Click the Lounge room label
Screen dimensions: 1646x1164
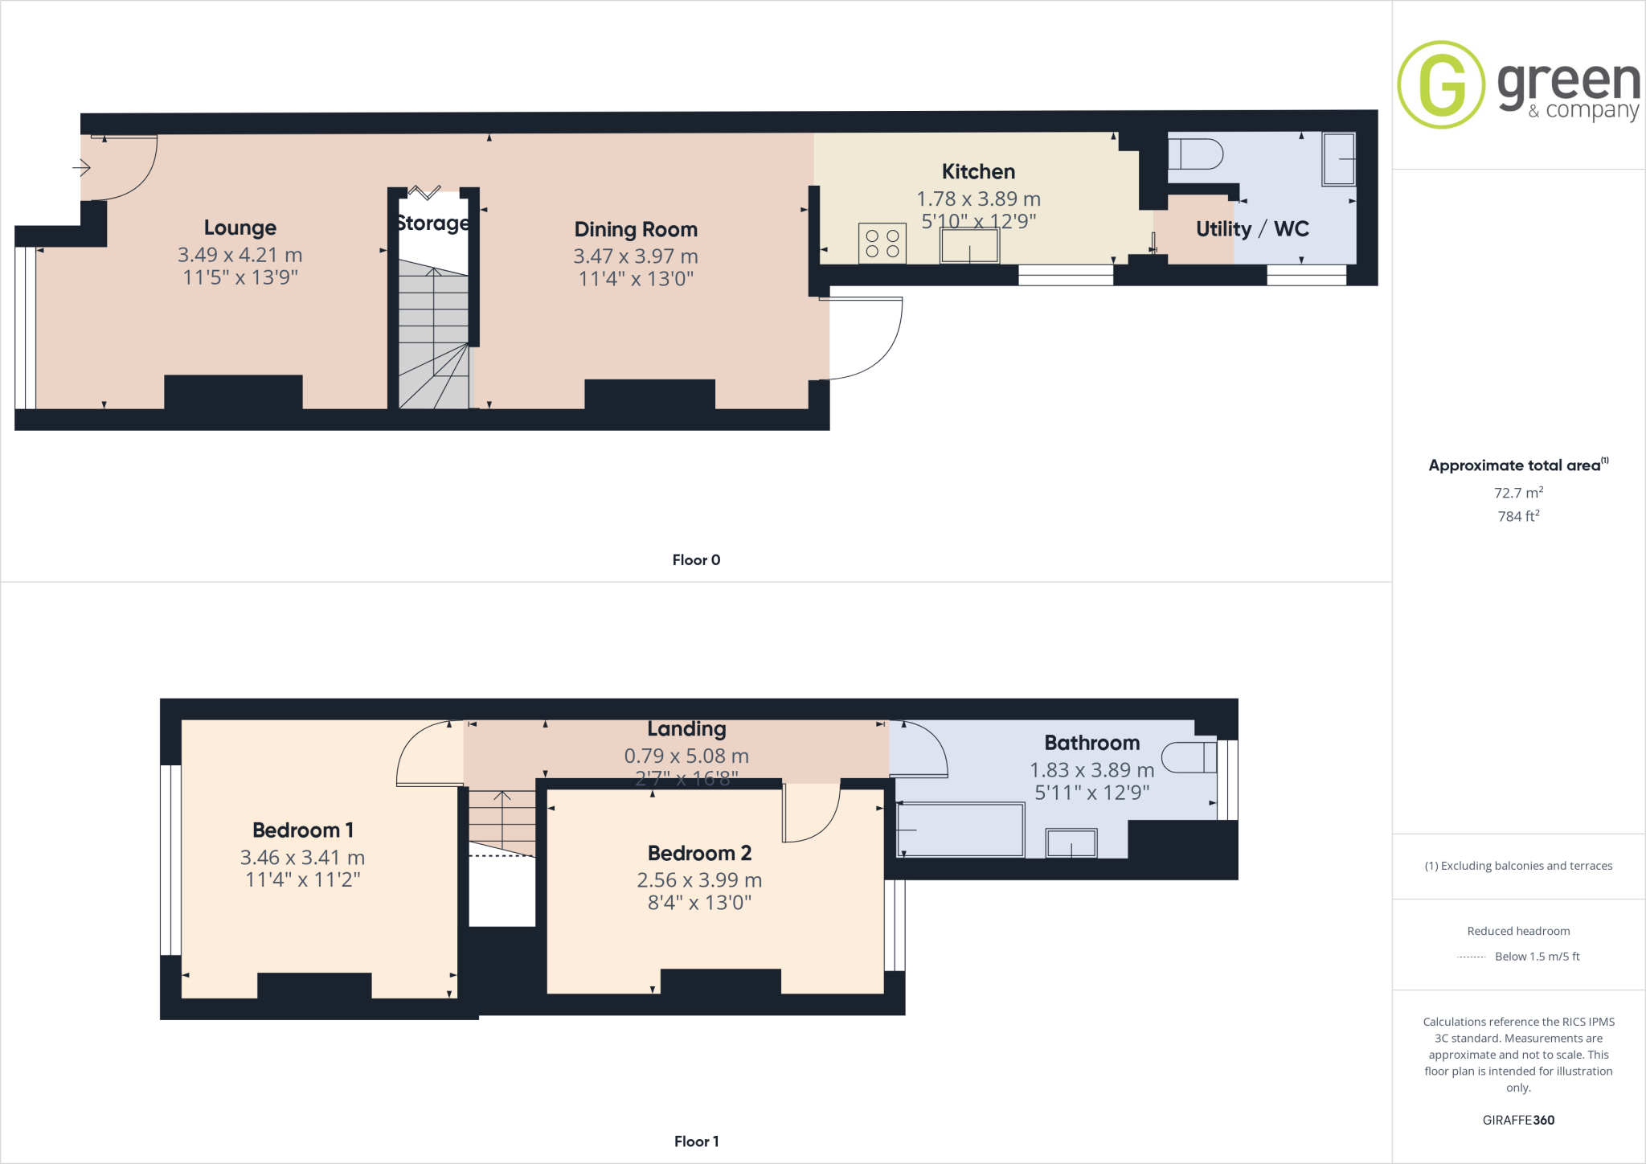pos(240,227)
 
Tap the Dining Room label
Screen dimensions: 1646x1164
pos(636,229)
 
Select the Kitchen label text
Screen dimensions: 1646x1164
pos(978,171)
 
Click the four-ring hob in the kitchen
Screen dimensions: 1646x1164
pos(882,244)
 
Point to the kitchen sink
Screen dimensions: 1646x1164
pos(970,245)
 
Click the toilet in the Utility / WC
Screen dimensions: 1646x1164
pos(1195,154)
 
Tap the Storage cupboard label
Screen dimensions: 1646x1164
pos(433,223)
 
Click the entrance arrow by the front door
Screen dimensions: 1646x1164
pos(81,167)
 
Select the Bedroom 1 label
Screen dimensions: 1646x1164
pos(303,830)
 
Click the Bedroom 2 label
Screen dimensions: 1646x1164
pos(699,853)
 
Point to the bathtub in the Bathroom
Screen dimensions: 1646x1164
pos(960,830)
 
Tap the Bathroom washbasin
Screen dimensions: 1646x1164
pos(1071,843)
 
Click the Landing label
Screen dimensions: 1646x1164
pos(686,729)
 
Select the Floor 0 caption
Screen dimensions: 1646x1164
pos(696,559)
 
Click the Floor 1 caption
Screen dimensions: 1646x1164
pos(696,1141)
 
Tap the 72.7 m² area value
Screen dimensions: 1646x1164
pos(1518,492)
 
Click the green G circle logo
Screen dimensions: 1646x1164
pos(1441,84)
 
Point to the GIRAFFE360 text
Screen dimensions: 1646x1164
pos(1518,1120)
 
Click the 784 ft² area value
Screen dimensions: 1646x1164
pos(1518,515)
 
